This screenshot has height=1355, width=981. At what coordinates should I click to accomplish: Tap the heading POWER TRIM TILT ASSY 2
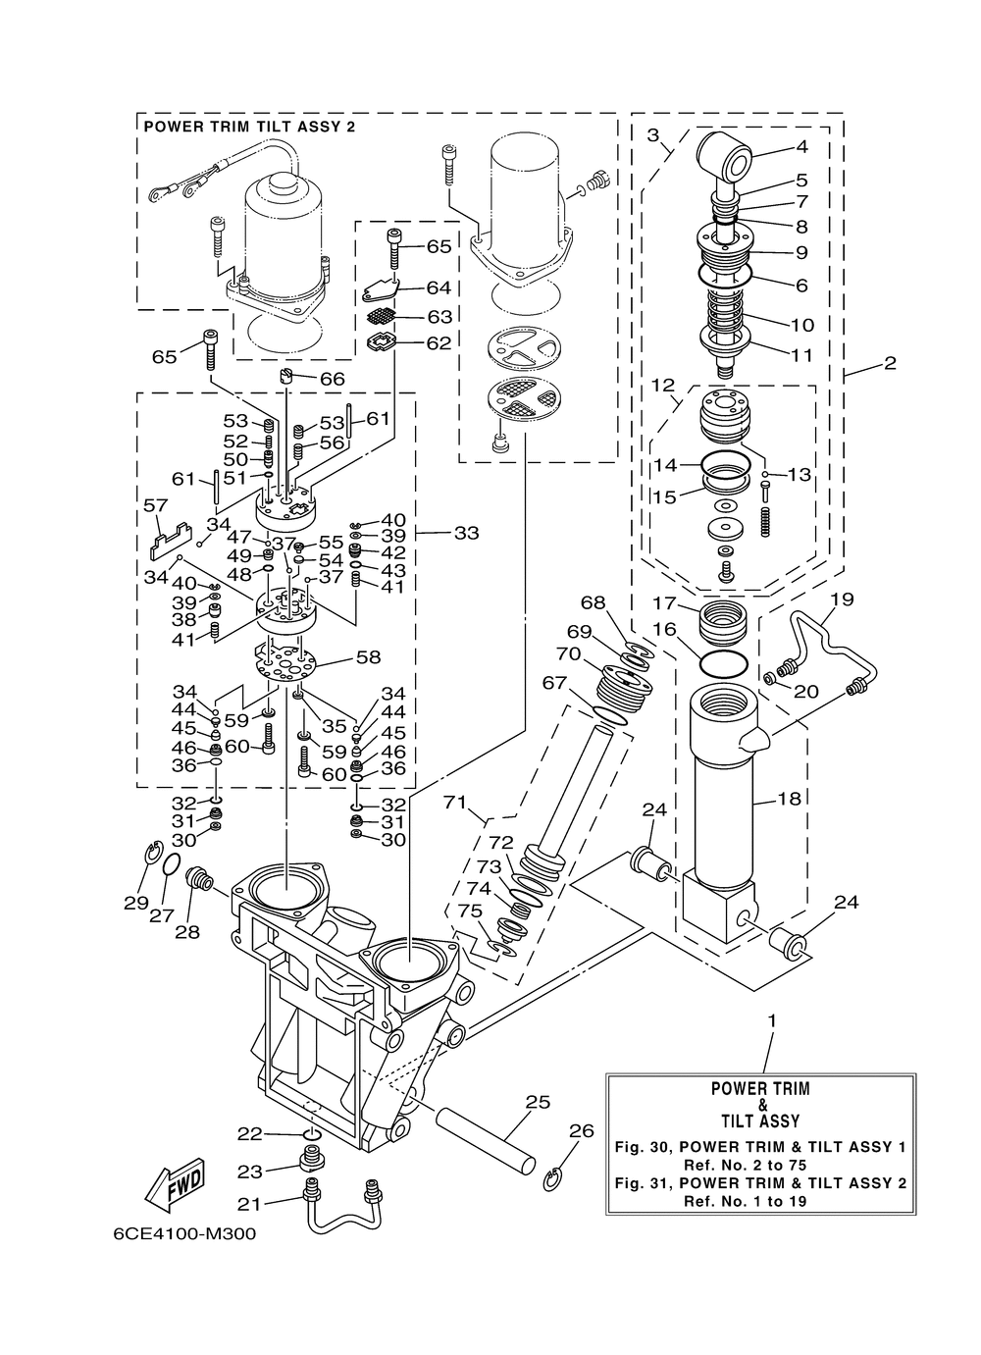pyautogui.click(x=249, y=127)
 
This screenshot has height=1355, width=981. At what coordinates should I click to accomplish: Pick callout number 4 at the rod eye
pyautogui.click(x=801, y=147)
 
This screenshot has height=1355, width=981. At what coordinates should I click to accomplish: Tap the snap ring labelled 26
pyautogui.click(x=553, y=1177)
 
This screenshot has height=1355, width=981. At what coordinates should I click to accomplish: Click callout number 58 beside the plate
pyautogui.click(x=367, y=657)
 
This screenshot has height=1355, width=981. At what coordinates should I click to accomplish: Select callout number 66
pyautogui.click(x=332, y=379)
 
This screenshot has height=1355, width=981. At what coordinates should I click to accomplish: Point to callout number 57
pyautogui.click(x=156, y=504)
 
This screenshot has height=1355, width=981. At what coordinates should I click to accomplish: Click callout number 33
pyautogui.click(x=466, y=533)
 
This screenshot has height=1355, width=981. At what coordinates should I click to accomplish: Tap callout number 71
pyautogui.click(x=455, y=803)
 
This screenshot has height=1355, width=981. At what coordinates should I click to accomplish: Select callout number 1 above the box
pyautogui.click(x=772, y=1020)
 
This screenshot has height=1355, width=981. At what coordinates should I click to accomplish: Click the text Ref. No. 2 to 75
pyautogui.click(x=761, y=1165)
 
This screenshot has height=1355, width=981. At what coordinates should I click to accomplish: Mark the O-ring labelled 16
pyautogui.click(x=723, y=663)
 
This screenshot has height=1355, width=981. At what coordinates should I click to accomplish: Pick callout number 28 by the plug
pyautogui.click(x=187, y=932)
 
